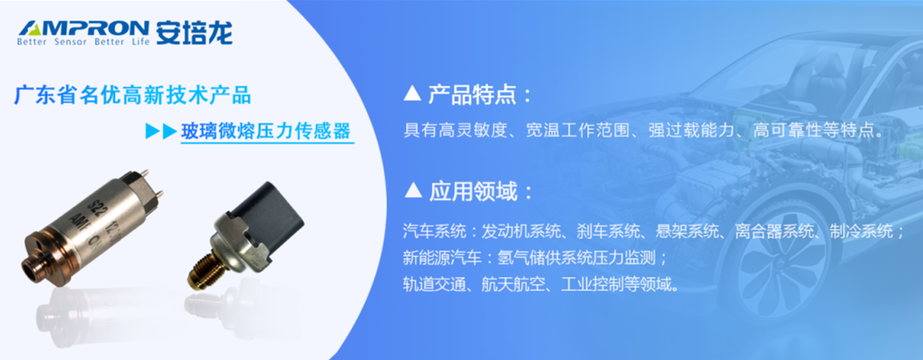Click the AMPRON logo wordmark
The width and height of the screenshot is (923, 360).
(84, 28)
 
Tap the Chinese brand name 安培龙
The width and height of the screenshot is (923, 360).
(194, 32)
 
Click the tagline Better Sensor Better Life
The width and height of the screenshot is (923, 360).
(83, 42)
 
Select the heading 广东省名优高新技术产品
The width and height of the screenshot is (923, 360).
(132, 95)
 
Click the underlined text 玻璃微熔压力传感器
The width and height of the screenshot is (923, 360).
(266, 132)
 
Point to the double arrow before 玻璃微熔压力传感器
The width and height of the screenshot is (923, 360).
(161, 132)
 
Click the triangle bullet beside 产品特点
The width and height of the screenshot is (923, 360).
(412, 93)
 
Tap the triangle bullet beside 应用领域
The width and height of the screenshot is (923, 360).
(413, 190)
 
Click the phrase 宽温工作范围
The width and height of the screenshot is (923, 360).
(578, 130)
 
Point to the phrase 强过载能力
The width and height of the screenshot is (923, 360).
(692, 130)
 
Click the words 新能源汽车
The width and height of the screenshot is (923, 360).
(442, 258)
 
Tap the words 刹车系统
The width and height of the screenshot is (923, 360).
(608, 232)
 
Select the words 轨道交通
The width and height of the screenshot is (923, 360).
(434, 284)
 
